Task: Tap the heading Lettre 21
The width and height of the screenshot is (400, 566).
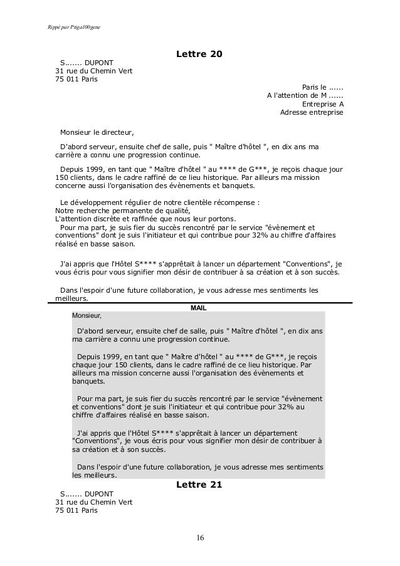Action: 199,485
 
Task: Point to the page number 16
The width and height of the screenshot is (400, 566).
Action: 200,538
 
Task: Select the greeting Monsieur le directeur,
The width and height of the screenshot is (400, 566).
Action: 97,133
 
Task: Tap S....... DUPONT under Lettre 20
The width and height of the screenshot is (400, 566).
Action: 87,63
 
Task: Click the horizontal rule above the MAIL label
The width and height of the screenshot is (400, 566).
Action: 200,303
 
